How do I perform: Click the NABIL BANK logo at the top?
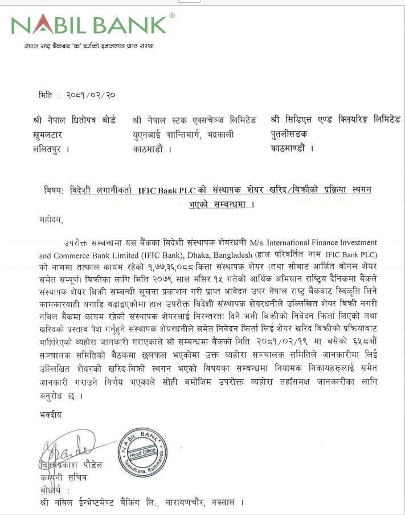coord(89,25)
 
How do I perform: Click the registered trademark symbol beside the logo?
coord(172,15)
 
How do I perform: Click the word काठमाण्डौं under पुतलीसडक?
coord(292,148)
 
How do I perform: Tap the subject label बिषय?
coord(55,190)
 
